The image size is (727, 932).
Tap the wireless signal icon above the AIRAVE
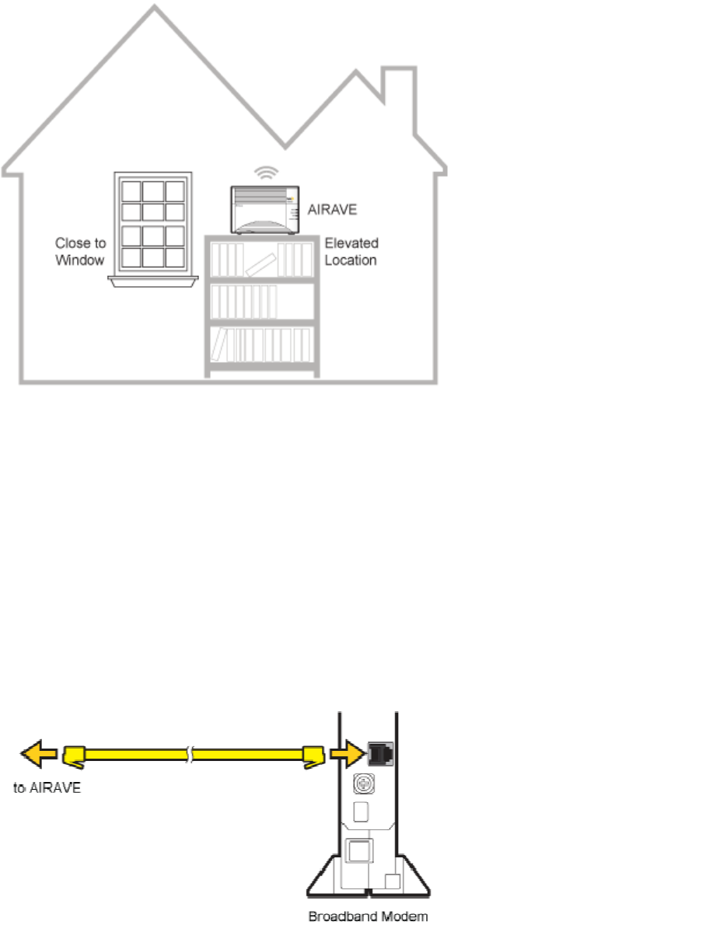pos(267,173)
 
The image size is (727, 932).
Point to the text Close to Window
pos(79,250)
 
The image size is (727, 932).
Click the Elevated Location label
pos(351,252)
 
